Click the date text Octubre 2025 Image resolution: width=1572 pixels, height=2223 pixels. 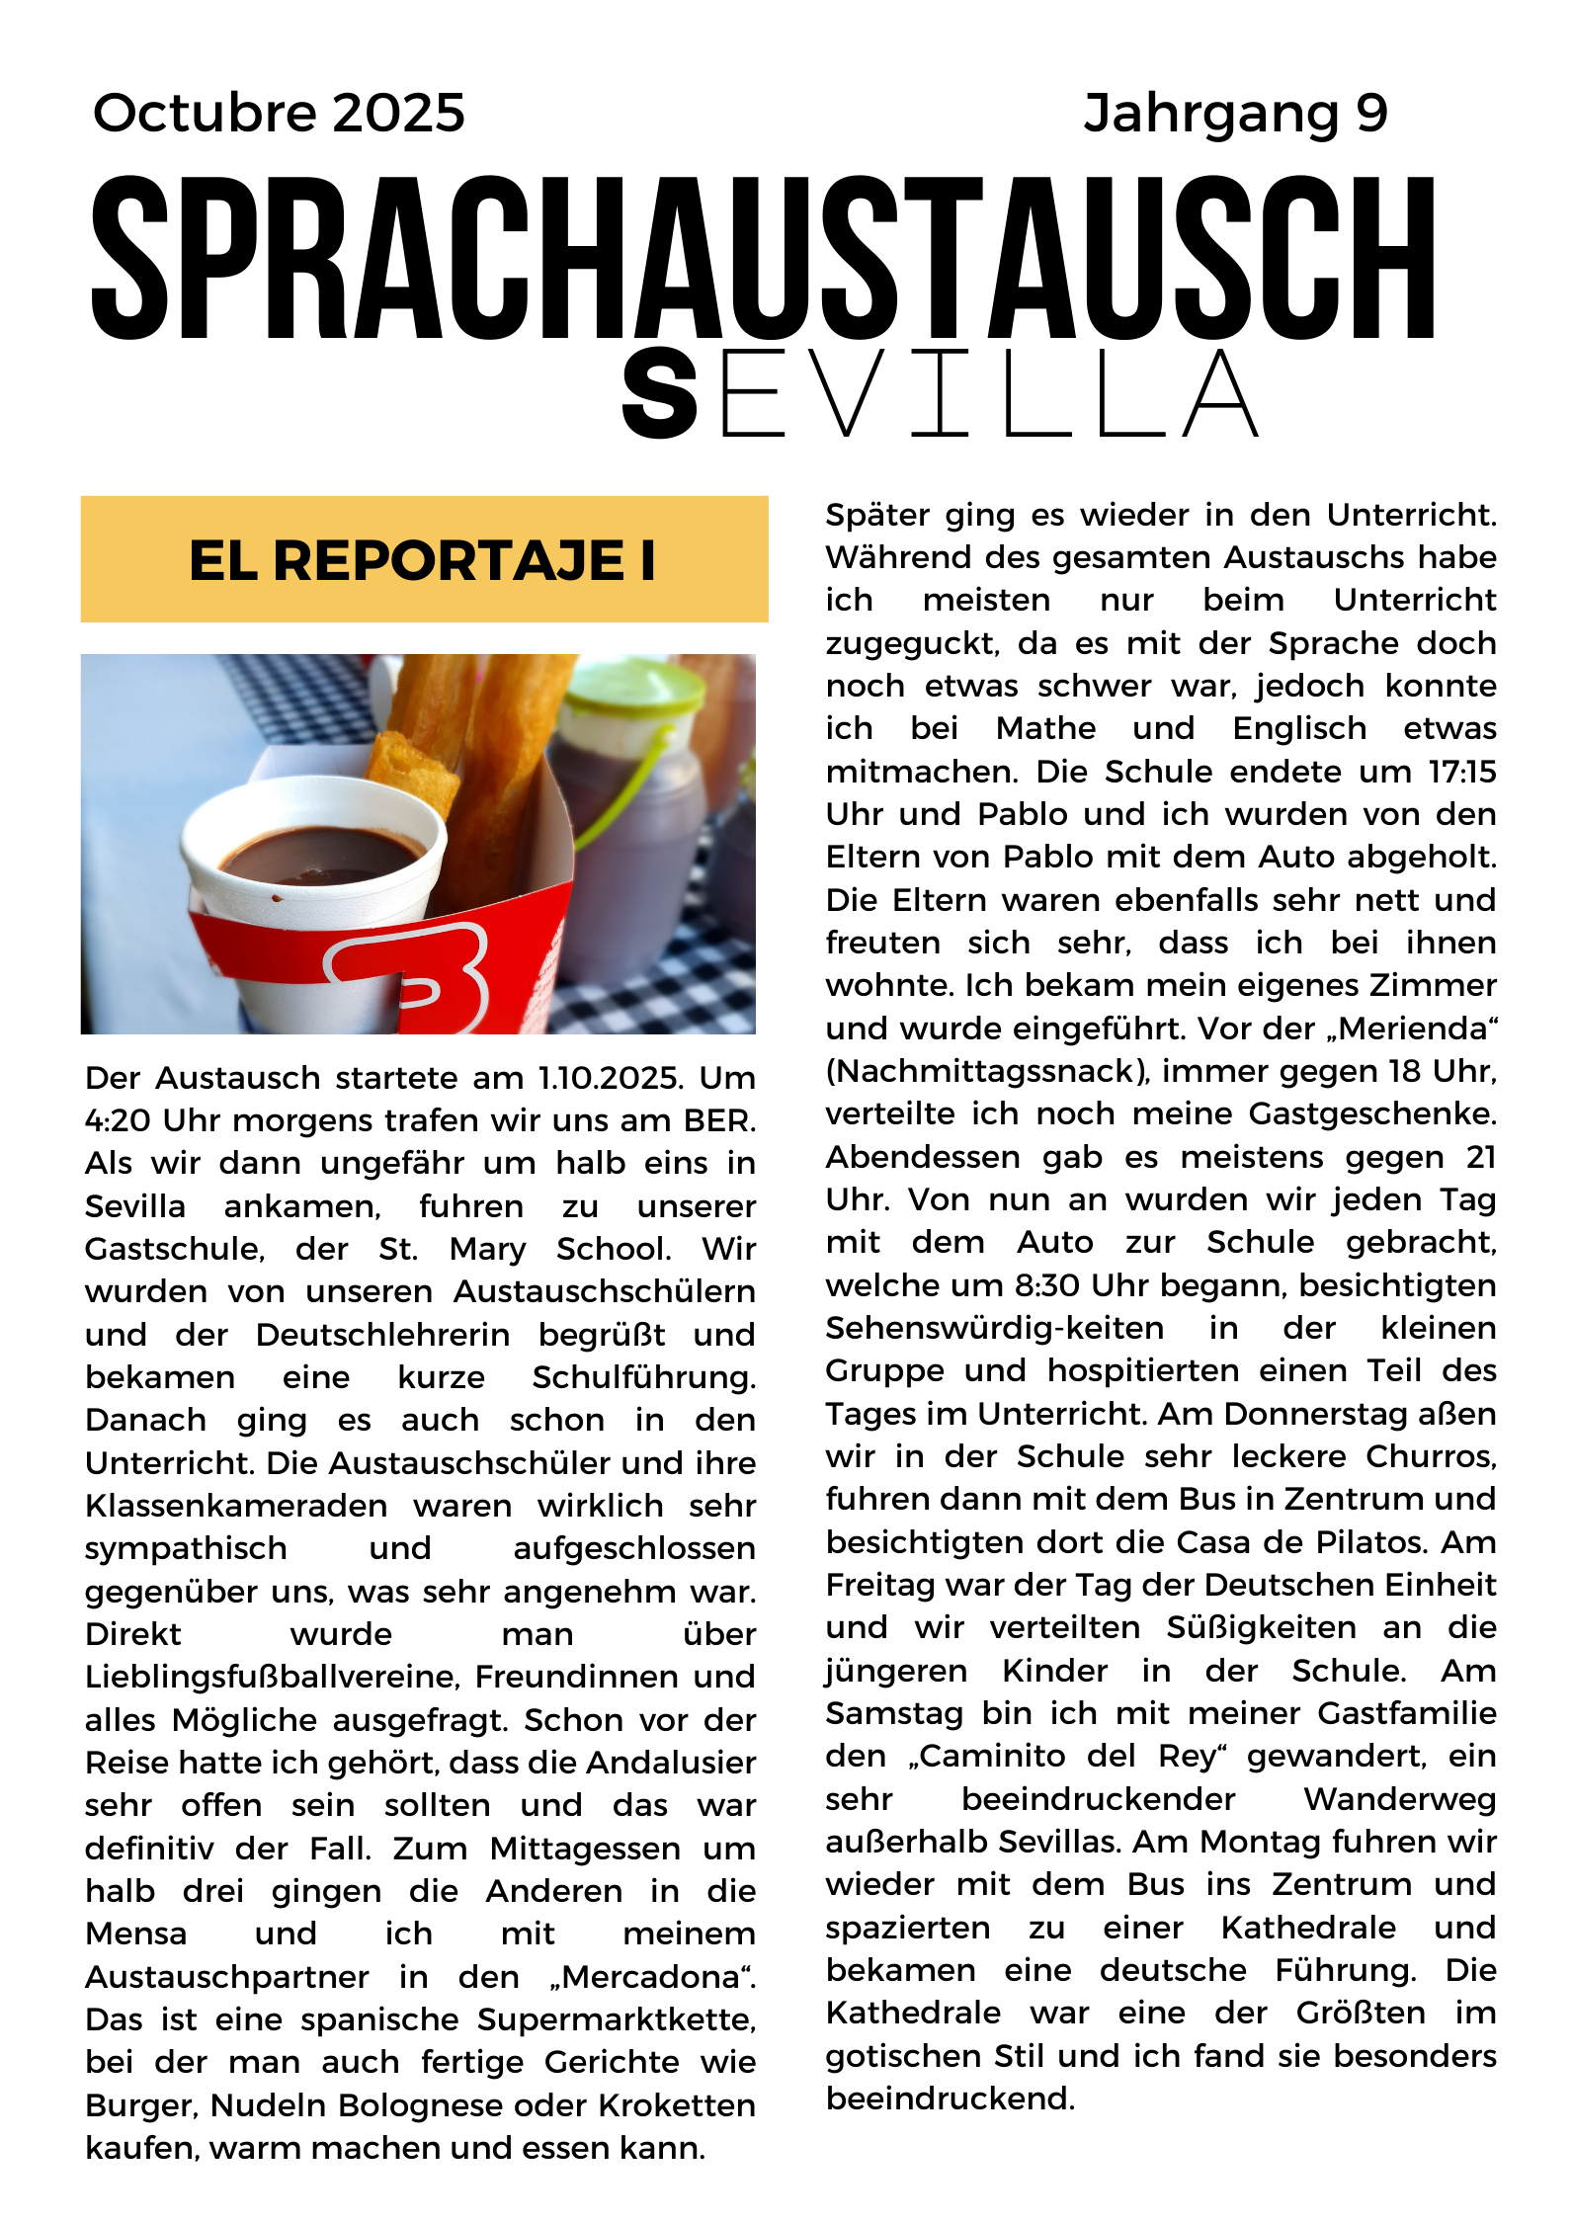tap(279, 113)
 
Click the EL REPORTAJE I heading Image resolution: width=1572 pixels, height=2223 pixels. tap(423, 560)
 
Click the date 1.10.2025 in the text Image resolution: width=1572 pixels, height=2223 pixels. tap(610, 1078)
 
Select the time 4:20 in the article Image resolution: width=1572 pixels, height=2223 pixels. tap(118, 1121)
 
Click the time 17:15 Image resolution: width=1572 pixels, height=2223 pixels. tap(1462, 772)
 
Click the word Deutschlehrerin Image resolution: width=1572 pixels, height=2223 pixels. tap(382, 1335)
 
